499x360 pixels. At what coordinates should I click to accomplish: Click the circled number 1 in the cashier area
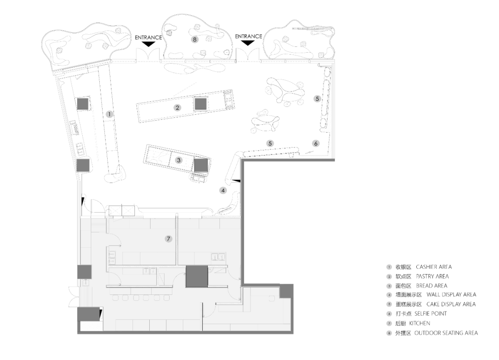110,114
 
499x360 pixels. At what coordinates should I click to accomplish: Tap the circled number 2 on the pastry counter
177,108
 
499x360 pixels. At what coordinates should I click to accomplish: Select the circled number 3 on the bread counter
179,160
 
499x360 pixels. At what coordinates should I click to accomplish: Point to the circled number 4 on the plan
223,190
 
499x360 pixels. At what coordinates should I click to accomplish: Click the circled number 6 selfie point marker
316,143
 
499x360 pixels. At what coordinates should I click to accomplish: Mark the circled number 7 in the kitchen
169,239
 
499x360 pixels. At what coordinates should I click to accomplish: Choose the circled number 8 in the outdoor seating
195,39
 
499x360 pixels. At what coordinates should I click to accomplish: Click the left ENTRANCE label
148,37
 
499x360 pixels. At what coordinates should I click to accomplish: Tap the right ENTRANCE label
249,37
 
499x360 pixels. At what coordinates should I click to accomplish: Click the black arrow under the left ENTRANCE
148,44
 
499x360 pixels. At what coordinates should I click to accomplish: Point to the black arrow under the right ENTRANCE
249,43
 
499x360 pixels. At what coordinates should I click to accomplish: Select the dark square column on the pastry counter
201,104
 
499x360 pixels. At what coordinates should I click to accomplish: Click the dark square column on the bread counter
201,165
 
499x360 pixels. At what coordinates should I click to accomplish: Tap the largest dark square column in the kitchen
197,277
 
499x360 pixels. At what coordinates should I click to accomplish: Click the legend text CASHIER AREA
434,267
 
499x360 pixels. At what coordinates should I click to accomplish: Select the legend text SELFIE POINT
431,313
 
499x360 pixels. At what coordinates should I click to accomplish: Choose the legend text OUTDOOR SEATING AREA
446,333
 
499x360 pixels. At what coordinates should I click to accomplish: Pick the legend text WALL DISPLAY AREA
451,295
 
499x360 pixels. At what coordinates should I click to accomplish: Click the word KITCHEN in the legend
420,323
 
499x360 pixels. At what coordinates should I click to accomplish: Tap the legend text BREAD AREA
432,286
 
